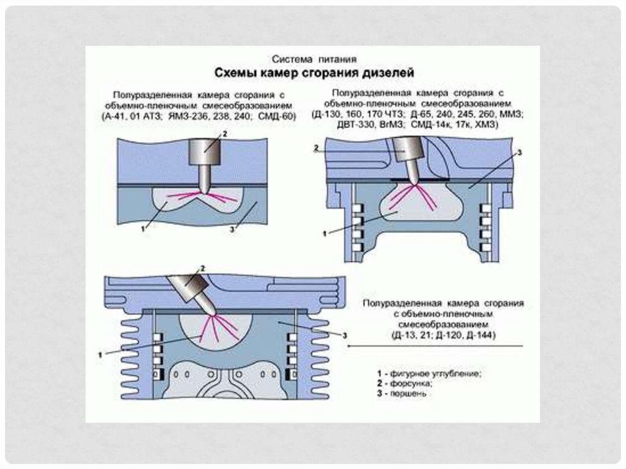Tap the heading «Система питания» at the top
click(x=314, y=59)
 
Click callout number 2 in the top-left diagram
click(x=224, y=133)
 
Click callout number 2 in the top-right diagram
click(x=316, y=148)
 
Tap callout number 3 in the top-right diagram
click(x=519, y=152)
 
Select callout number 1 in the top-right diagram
click(x=325, y=232)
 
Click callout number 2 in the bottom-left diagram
click(x=202, y=268)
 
